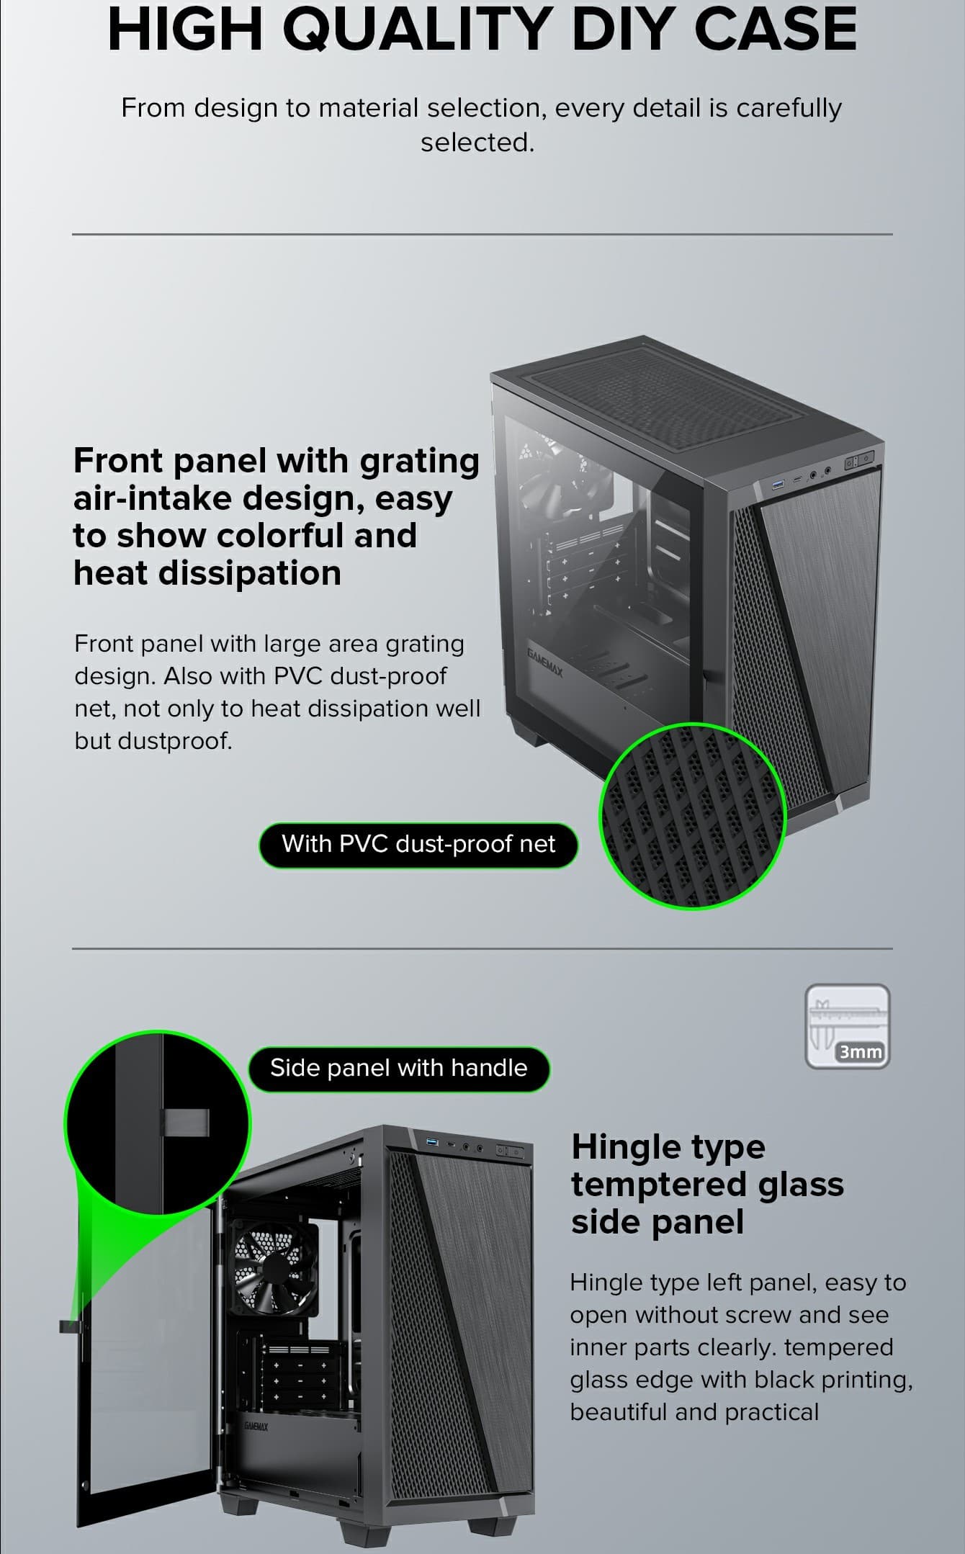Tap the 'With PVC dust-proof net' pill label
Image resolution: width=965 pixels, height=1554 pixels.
pyautogui.click(x=418, y=844)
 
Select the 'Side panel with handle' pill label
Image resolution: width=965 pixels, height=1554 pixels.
pyautogui.click(x=399, y=1068)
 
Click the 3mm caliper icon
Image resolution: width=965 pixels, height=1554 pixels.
pyautogui.click(x=848, y=1026)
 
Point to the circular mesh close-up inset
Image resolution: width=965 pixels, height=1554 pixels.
pyautogui.click(x=693, y=816)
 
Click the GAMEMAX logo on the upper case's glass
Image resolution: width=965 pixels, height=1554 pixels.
pyautogui.click(x=544, y=660)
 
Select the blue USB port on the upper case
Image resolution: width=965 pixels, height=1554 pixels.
pyautogui.click(x=778, y=485)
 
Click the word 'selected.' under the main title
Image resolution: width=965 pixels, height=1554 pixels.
pyautogui.click(x=477, y=143)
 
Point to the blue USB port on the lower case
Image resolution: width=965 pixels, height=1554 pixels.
pyautogui.click(x=432, y=1143)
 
